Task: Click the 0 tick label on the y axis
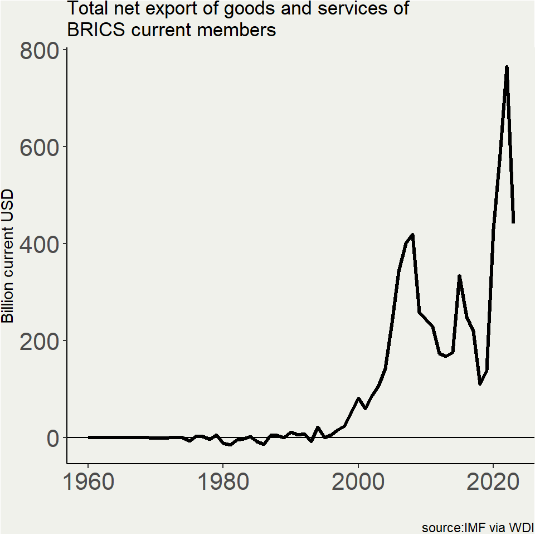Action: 52,439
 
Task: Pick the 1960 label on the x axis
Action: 88,483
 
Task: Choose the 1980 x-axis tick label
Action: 223,483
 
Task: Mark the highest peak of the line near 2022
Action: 507,67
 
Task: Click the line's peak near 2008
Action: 412,235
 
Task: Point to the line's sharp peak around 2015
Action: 459,276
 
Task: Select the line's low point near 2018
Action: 480,384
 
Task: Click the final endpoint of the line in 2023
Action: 513,223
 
